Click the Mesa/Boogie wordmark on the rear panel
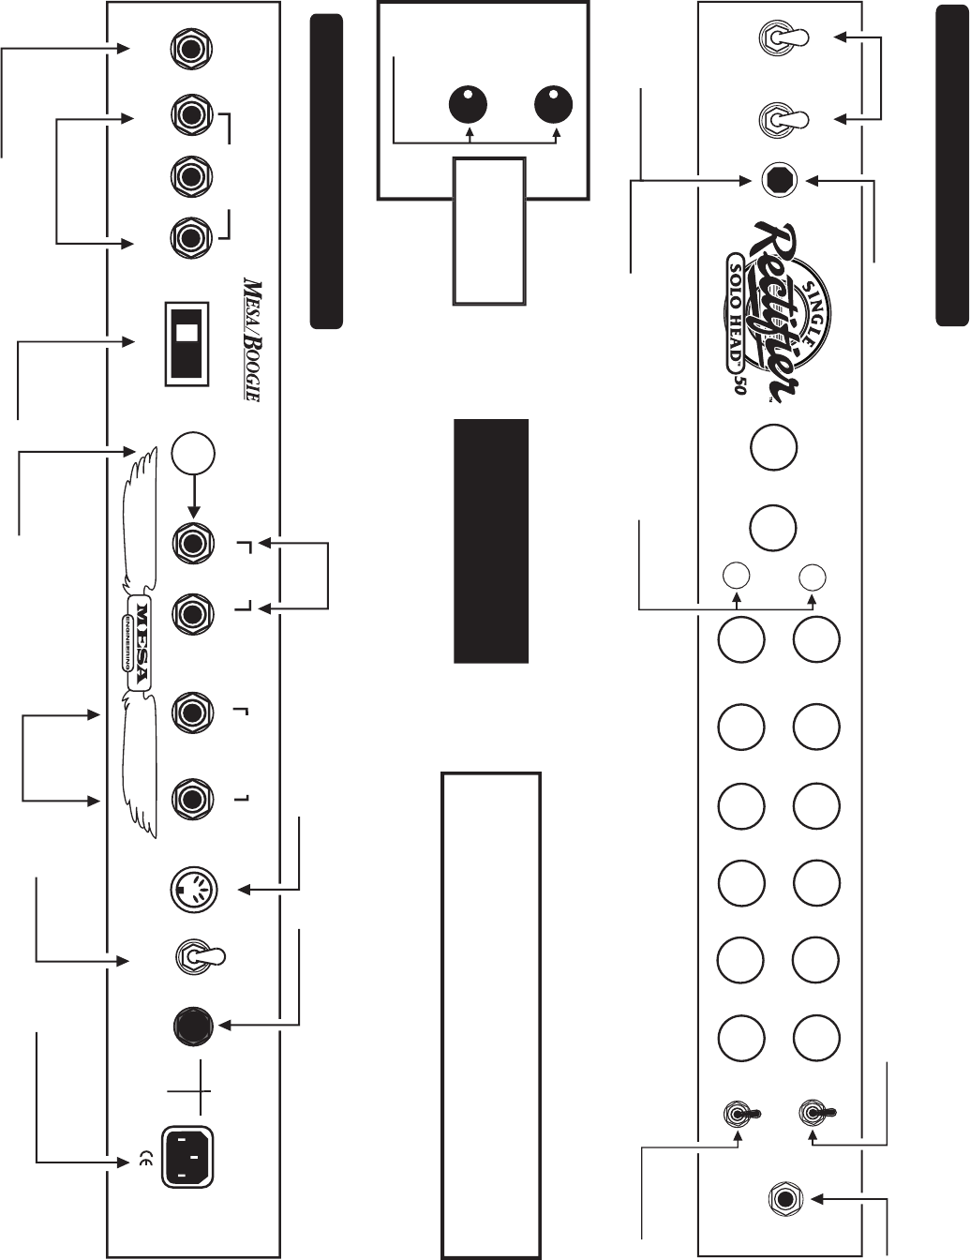[x=251, y=339]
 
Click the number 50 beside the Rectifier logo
[x=739, y=387]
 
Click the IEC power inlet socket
[x=191, y=1157]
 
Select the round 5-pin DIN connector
[x=195, y=888]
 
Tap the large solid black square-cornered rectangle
[x=491, y=541]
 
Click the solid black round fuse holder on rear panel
[x=195, y=1026]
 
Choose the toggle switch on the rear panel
[x=198, y=957]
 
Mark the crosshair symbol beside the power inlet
[x=188, y=1091]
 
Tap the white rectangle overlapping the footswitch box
[x=488, y=231]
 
